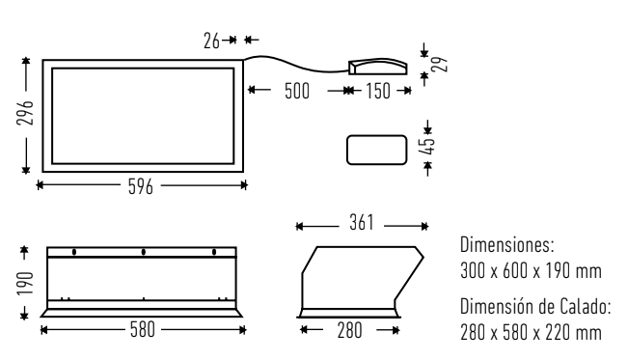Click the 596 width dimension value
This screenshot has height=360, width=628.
[x=141, y=186]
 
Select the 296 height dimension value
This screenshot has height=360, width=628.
[x=25, y=113]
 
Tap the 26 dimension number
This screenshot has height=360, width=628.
[x=211, y=41]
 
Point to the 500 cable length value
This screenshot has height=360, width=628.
[x=297, y=91]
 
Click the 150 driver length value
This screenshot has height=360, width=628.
[x=378, y=91]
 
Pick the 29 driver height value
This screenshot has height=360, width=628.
[x=439, y=64]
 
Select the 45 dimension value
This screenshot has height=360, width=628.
[x=426, y=146]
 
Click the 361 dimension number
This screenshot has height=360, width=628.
[x=361, y=223]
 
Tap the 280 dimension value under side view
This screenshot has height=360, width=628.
[x=349, y=331]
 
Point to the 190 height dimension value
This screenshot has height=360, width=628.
[x=25, y=283]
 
